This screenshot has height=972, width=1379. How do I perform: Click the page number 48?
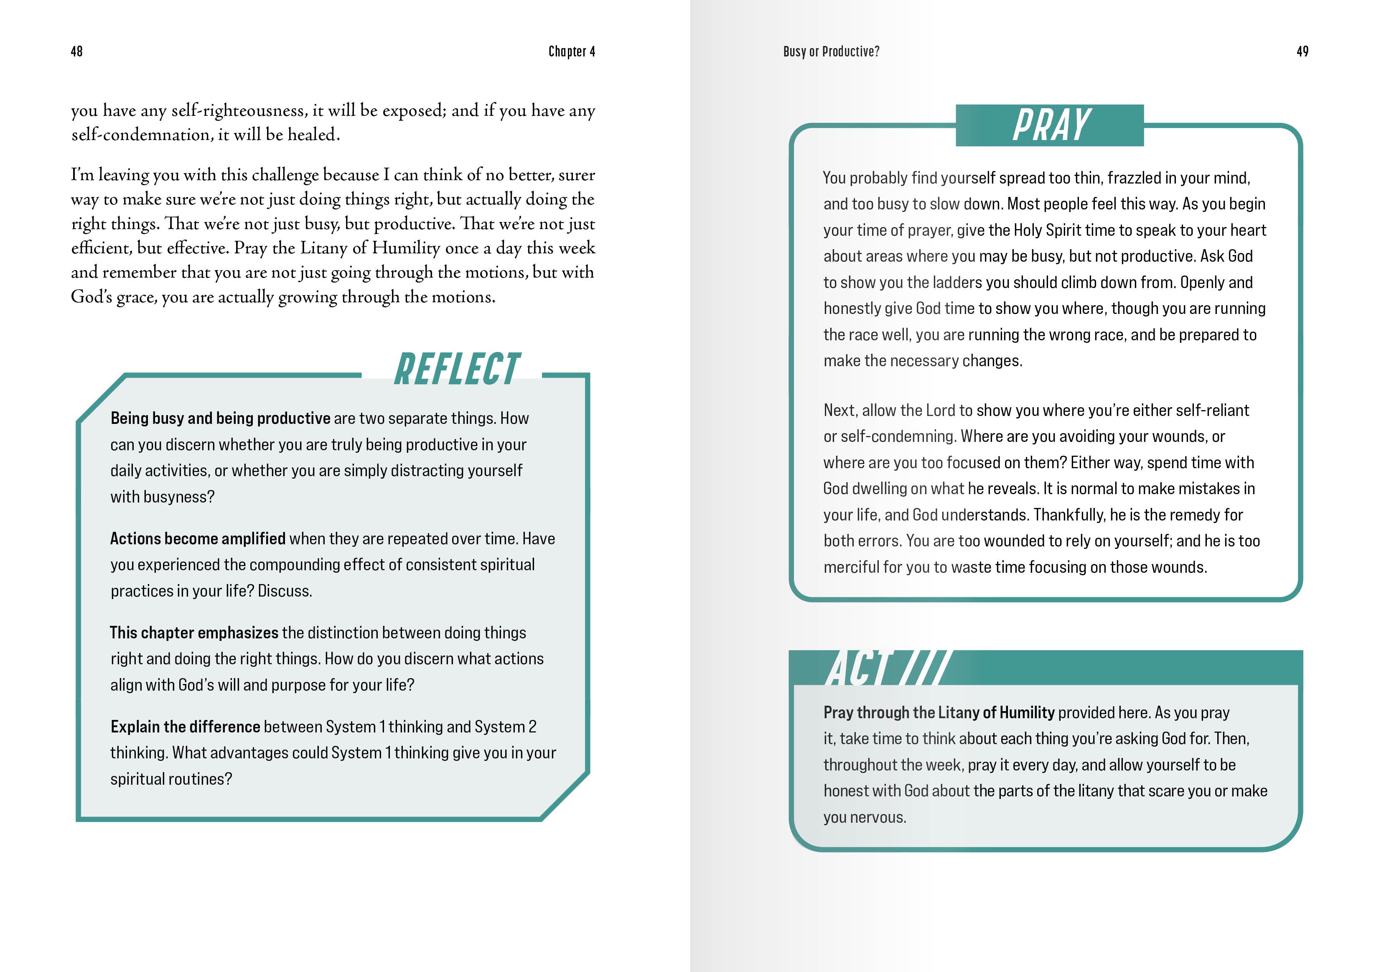click(x=76, y=52)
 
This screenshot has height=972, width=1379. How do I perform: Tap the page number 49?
click(x=1302, y=52)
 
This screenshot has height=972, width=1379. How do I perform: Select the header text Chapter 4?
click(x=571, y=52)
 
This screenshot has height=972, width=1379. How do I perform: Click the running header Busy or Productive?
click(x=831, y=52)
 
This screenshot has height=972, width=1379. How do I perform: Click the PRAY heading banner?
click(x=1050, y=125)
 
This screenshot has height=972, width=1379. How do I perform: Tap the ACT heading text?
click(x=860, y=668)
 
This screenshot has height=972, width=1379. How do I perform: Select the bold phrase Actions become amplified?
click(x=198, y=539)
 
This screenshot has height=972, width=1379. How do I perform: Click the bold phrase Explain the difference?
click(x=185, y=727)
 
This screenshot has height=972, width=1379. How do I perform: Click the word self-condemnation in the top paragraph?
click(x=141, y=135)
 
